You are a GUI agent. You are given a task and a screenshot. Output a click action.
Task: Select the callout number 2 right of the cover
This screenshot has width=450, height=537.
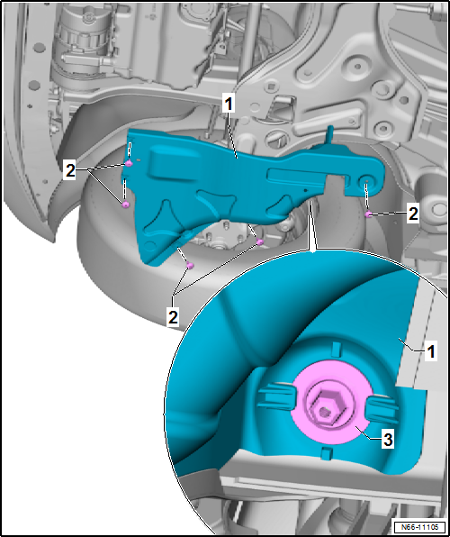412,214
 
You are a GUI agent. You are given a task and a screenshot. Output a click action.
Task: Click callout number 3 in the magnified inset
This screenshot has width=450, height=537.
385,439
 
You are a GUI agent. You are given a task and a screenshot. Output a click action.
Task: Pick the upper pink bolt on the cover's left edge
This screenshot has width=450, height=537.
130,165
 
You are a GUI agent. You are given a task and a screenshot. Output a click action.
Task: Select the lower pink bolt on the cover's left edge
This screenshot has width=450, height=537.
125,205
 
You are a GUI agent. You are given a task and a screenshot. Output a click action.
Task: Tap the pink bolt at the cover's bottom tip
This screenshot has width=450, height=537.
191,264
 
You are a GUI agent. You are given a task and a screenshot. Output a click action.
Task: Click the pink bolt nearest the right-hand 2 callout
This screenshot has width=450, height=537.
369,214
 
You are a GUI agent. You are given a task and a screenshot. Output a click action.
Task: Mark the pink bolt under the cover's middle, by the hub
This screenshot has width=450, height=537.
260,241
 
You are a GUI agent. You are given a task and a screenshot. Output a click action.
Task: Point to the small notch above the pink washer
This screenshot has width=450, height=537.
333,349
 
